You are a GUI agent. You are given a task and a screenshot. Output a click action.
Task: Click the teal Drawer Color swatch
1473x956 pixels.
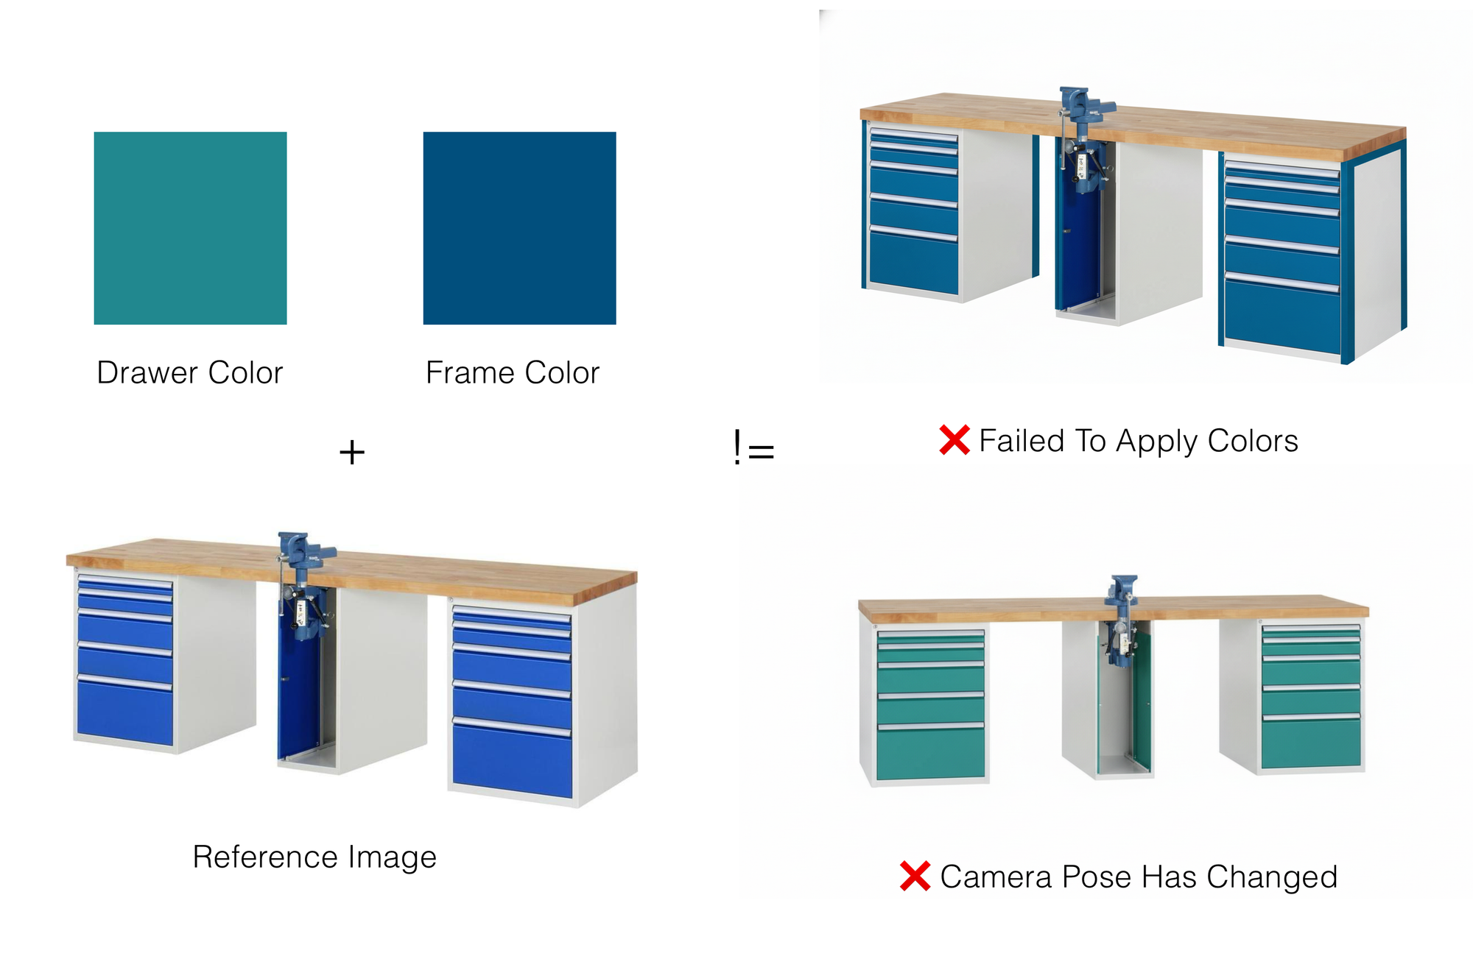pyautogui.click(x=190, y=228)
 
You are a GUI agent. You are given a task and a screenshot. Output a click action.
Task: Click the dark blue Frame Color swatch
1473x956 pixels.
pyautogui.click(x=519, y=228)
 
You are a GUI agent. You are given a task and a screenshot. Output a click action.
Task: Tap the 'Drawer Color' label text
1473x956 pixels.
pyautogui.click(x=190, y=373)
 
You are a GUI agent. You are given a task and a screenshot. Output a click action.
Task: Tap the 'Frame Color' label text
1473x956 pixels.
pyautogui.click(x=513, y=373)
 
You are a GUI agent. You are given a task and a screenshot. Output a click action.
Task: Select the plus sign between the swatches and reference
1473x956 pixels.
pyautogui.click(x=352, y=452)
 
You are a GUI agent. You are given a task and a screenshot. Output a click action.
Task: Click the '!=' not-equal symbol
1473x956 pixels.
pyautogui.click(x=753, y=447)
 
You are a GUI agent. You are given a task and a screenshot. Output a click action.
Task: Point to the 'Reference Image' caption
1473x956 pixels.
pyautogui.click(x=314, y=857)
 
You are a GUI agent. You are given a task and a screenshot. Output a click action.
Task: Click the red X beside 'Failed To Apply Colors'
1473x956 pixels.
pyautogui.click(x=955, y=440)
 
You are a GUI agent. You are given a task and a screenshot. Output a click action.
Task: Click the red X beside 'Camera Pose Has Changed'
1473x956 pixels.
pyautogui.click(x=915, y=876)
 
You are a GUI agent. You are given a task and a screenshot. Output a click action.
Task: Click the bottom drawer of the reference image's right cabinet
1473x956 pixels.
pyautogui.click(x=513, y=761)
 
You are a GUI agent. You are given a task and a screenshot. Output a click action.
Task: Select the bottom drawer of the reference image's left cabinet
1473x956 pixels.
pyautogui.click(x=125, y=712)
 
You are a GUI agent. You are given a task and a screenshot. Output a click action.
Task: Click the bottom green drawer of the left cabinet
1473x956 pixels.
pyautogui.click(x=931, y=753)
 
